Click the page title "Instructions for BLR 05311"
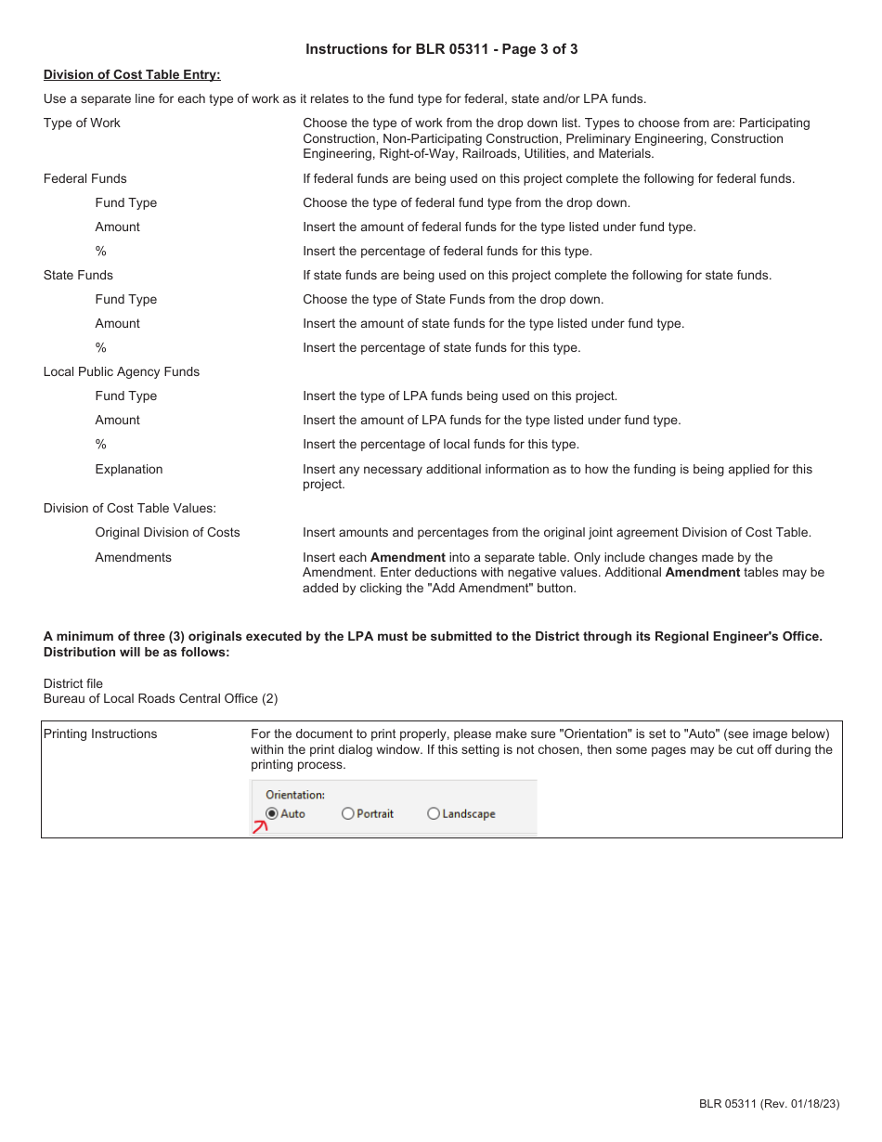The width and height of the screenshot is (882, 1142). pos(441,49)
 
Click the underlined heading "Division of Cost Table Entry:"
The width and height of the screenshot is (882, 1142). pos(132,74)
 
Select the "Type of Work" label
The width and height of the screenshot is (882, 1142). pos(82,123)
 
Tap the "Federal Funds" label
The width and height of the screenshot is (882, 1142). pos(84,178)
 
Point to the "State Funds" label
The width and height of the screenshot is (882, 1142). pos(78,275)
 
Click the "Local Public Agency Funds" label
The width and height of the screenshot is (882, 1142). pos(122,371)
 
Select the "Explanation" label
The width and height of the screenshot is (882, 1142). pos(128,469)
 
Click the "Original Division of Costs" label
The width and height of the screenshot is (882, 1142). pos(167,532)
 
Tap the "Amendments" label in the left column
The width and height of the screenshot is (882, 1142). pos(133,557)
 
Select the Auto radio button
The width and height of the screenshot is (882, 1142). pos(272,813)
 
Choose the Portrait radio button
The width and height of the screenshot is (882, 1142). pos(348,813)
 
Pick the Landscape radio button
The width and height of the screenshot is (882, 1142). pos(434,813)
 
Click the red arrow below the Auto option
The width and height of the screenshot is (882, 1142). pos(261,826)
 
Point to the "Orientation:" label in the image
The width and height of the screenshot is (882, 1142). pos(295,795)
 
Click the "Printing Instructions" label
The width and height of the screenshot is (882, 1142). pos(100,733)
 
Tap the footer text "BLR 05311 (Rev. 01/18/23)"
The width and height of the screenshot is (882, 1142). pos(769,1103)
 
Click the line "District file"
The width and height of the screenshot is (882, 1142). pos(73,683)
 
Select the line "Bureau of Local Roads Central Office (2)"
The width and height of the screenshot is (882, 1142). pos(161,698)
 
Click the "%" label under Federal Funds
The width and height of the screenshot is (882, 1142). pos(100,251)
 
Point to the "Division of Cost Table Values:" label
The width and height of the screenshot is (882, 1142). pos(129,508)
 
